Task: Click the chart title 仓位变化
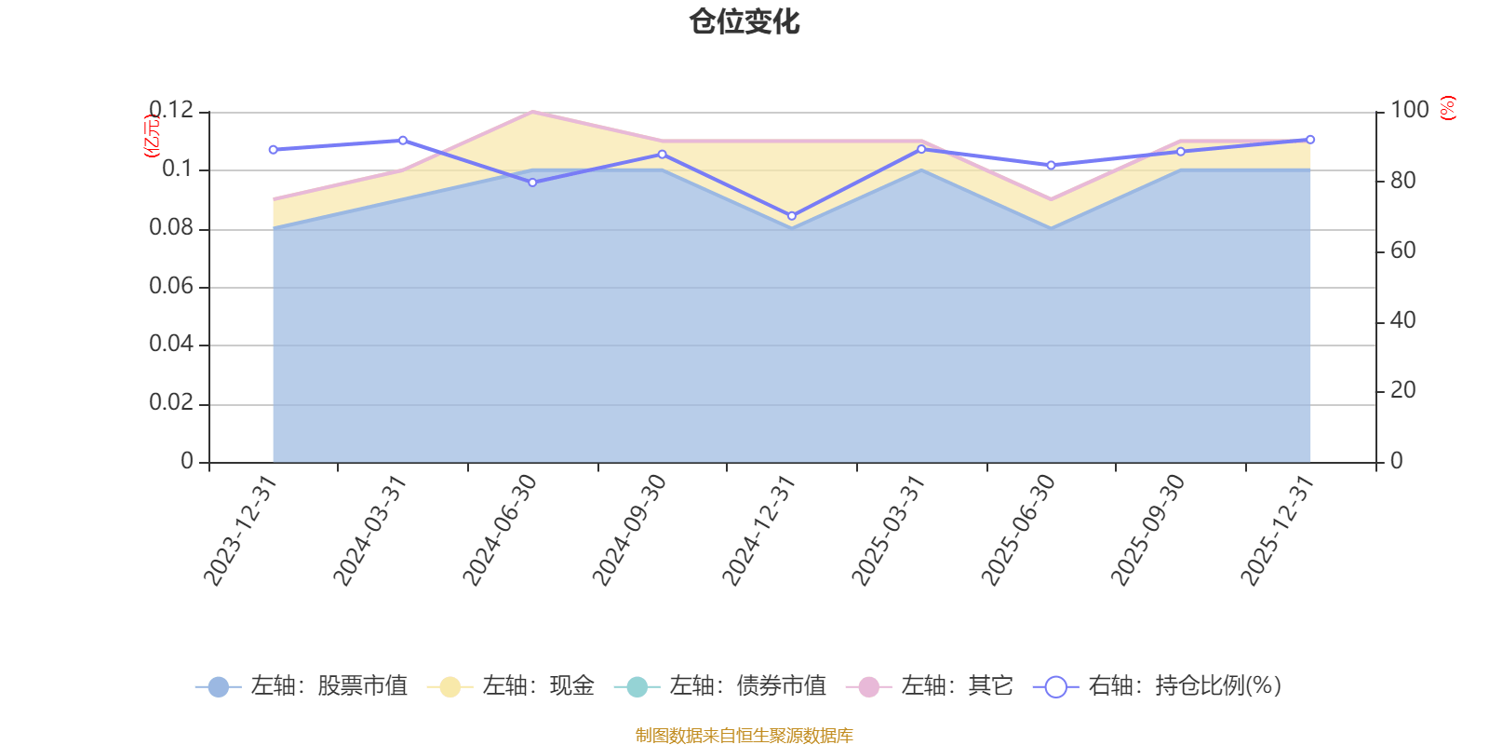click(x=744, y=21)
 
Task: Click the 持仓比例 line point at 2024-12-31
click(x=792, y=216)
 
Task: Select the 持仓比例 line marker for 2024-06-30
click(x=532, y=183)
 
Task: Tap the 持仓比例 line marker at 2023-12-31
click(x=273, y=149)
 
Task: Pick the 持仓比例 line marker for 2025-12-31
click(x=1310, y=140)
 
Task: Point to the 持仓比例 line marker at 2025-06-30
click(x=1052, y=166)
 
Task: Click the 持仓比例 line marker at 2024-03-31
click(x=403, y=141)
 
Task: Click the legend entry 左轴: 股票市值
click(x=302, y=687)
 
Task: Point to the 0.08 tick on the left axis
click(x=171, y=228)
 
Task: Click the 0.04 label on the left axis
click(x=171, y=345)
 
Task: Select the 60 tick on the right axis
click(x=1402, y=251)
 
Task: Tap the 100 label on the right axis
click(x=1409, y=110)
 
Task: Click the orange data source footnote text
click(x=744, y=736)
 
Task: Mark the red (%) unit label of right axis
click(x=1448, y=108)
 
